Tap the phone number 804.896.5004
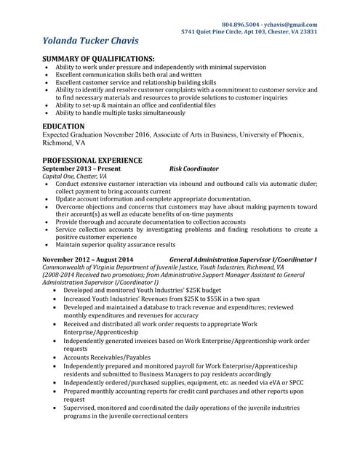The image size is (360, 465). pos(241,25)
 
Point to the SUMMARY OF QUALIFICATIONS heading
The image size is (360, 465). pos(98,58)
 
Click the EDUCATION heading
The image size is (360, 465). pos(63,126)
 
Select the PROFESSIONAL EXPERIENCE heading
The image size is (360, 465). pos(92,160)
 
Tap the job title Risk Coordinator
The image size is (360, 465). pos(193,168)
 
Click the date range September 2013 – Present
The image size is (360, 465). pos(81,168)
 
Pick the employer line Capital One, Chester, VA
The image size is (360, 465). pos(74,176)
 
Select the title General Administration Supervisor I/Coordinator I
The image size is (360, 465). pos(243,259)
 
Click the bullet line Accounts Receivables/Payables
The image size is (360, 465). pos(108,357)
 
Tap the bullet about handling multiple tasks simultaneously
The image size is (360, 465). pos(120,113)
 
